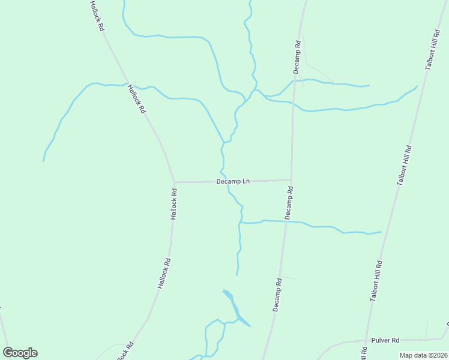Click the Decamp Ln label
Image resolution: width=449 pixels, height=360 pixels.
[x=233, y=181]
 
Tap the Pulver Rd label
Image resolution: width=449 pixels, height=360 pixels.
[x=385, y=340]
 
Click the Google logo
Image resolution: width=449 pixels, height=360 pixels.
[x=20, y=353]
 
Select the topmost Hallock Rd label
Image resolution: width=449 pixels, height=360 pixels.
[x=97, y=16]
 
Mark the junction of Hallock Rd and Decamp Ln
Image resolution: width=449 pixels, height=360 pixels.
[x=174, y=182]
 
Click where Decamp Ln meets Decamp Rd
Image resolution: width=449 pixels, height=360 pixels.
[x=291, y=180]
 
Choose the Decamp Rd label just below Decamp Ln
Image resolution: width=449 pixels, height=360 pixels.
[x=289, y=202]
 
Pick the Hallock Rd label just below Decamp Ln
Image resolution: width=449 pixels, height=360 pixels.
[x=173, y=204]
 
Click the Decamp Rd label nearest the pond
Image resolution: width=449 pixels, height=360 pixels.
[x=277, y=294]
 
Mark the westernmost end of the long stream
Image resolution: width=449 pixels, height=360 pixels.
[x=43, y=161]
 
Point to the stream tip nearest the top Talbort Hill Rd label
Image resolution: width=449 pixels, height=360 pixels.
[x=417, y=86]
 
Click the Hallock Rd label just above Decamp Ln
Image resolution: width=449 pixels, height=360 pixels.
[x=136, y=99]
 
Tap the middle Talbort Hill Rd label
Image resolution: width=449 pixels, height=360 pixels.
[x=405, y=165]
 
